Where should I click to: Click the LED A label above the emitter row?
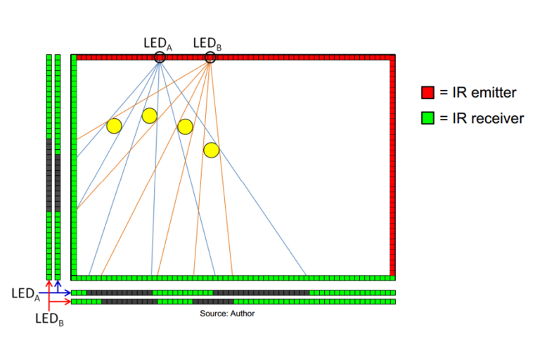click(x=158, y=44)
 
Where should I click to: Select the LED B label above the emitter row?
click(x=208, y=44)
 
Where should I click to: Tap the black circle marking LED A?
click(x=160, y=58)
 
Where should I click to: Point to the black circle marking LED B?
click(x=210, y=58)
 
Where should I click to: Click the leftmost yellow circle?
click(x=114, y=126)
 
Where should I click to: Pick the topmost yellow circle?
click(x=149, y=115)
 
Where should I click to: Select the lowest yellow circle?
click(x=211, y=150)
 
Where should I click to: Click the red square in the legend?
click(x=427, y=93)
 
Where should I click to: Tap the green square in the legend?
click(x=427, y=118)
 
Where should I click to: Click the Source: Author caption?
click(x=227, y=314)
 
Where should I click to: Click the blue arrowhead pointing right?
click(x=67, y=292)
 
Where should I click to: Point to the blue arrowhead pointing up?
click(x=57, y=283)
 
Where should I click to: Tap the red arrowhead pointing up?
click(x=49, y=283)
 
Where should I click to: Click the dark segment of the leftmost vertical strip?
click(x=49, y=175)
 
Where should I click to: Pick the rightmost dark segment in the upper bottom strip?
click(x=261, y=292)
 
